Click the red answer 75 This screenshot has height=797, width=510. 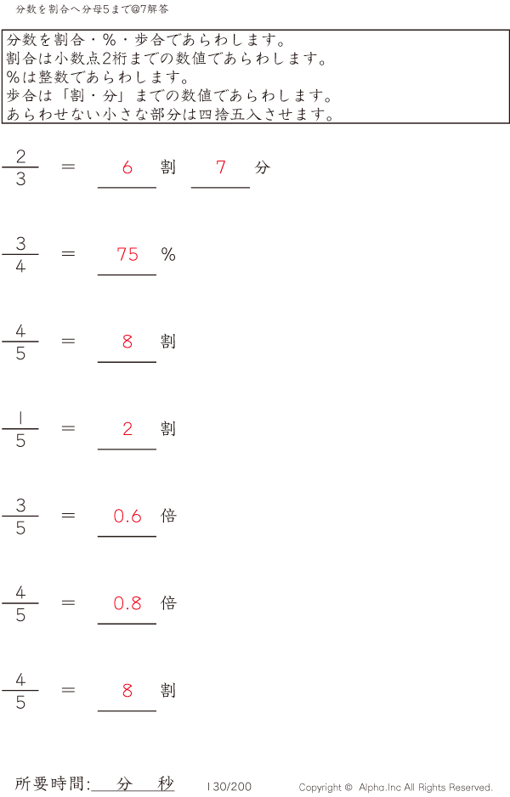click(x=127, y=254)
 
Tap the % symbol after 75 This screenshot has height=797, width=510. click(x=168, y=254)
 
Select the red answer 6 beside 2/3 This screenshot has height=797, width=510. click(x=127, y=167)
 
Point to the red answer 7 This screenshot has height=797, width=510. click(x=221, y=167)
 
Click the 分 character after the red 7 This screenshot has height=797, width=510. click(x=262, y=167)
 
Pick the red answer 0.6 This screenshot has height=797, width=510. click(x=127, y=516)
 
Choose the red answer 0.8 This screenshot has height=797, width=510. click(x=127, y=603)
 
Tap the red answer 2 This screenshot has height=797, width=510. click(x=127, y=429)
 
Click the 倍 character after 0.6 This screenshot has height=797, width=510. click(x=168, y=516)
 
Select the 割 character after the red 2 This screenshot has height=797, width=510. click(x=168, y=429)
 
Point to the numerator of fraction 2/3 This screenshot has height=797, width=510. click(x=20, y=155)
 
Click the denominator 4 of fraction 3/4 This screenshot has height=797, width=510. click(x=20, y=266)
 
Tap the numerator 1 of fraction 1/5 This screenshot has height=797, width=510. click(x=20, y=417)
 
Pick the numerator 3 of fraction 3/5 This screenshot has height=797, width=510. click(x=20, y=505)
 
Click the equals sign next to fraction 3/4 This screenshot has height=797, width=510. click(x=69, y=254)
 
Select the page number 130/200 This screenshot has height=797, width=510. click(x=229, y=787)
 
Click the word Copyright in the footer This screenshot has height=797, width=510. click(x=320, y=788)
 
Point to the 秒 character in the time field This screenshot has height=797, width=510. click(x=165, y=784)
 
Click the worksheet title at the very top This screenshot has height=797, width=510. click(x=92, y=9)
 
